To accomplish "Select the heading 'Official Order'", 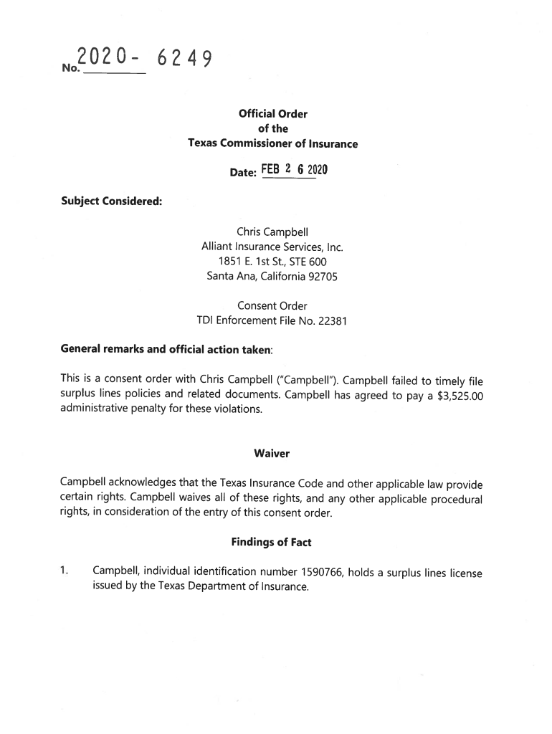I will pyautogui.click(x=272, y=113).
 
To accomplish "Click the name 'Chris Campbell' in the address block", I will pyautogui.click(x=272, y=232).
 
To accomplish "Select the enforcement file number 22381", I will pyautogui.click(x=331, y=321).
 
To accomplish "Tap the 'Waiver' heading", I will pyautogui.click(x=272, y=453).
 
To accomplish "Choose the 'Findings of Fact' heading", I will pyautogui.click(x=272, y=542).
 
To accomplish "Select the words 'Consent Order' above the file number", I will pyautogui.click(x=272, y=306).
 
